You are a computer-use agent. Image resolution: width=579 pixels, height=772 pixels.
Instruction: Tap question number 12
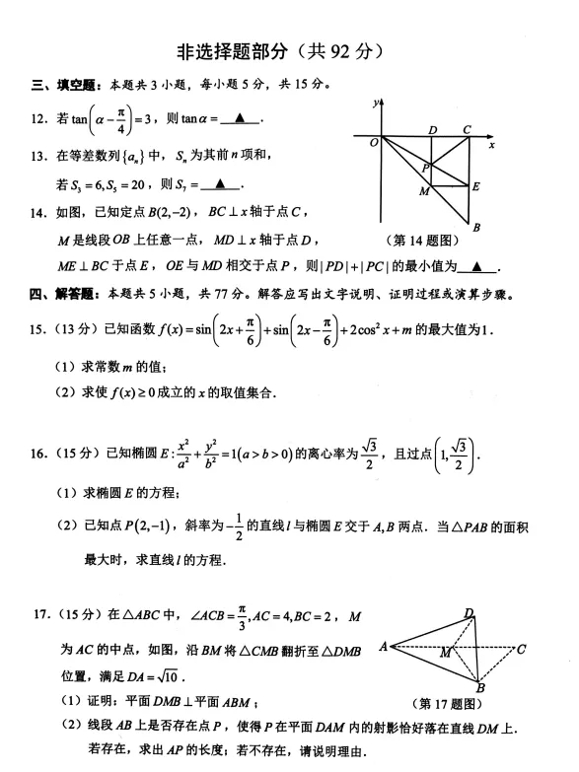pyautogui.click(x=38, y=119)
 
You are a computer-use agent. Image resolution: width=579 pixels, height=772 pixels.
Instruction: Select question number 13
pyautogui.click(x=38, y=155)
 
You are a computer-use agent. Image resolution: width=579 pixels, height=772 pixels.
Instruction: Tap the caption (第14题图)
pyautogui.click(x=423, y=238)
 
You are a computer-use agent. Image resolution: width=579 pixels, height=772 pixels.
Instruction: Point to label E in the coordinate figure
pyautogui.click(x=476, y=185)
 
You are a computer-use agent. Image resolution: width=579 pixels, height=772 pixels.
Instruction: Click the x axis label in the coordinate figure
pyautogui.click(x=490, y=145)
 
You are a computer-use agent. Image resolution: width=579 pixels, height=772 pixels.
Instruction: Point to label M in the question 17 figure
pyautogui.click(x=445, y=652)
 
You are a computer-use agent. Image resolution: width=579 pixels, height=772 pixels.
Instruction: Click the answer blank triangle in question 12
pyautogui.click(x=243, y=119)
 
